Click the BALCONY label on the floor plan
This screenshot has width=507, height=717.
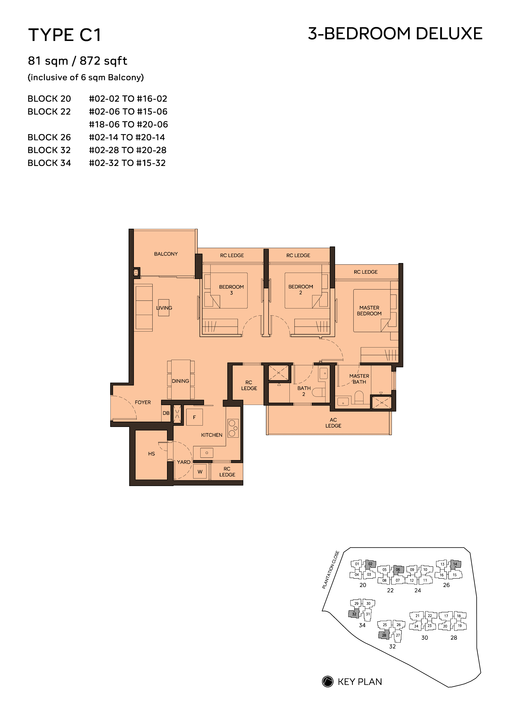[x=166, y=254]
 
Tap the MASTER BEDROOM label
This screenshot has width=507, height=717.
[x=369, y=310]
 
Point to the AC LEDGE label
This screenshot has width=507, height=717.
[x=333, y=423]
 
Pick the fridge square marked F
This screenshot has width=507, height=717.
[x=194, y=417]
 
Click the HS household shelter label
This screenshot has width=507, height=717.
[x=151, y=454]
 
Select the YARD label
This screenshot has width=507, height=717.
[x=184, y=462]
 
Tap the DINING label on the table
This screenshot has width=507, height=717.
[x=180, y=381]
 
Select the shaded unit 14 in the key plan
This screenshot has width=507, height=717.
[x=455, y=564]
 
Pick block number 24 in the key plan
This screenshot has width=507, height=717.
[x=418, y=590]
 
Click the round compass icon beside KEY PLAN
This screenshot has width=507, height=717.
[x=328, y=682]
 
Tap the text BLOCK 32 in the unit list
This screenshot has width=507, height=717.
[x=49, y=150]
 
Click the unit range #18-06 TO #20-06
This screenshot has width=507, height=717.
[x=128, y=125]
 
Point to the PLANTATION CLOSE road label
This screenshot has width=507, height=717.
[x=331, y=570]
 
